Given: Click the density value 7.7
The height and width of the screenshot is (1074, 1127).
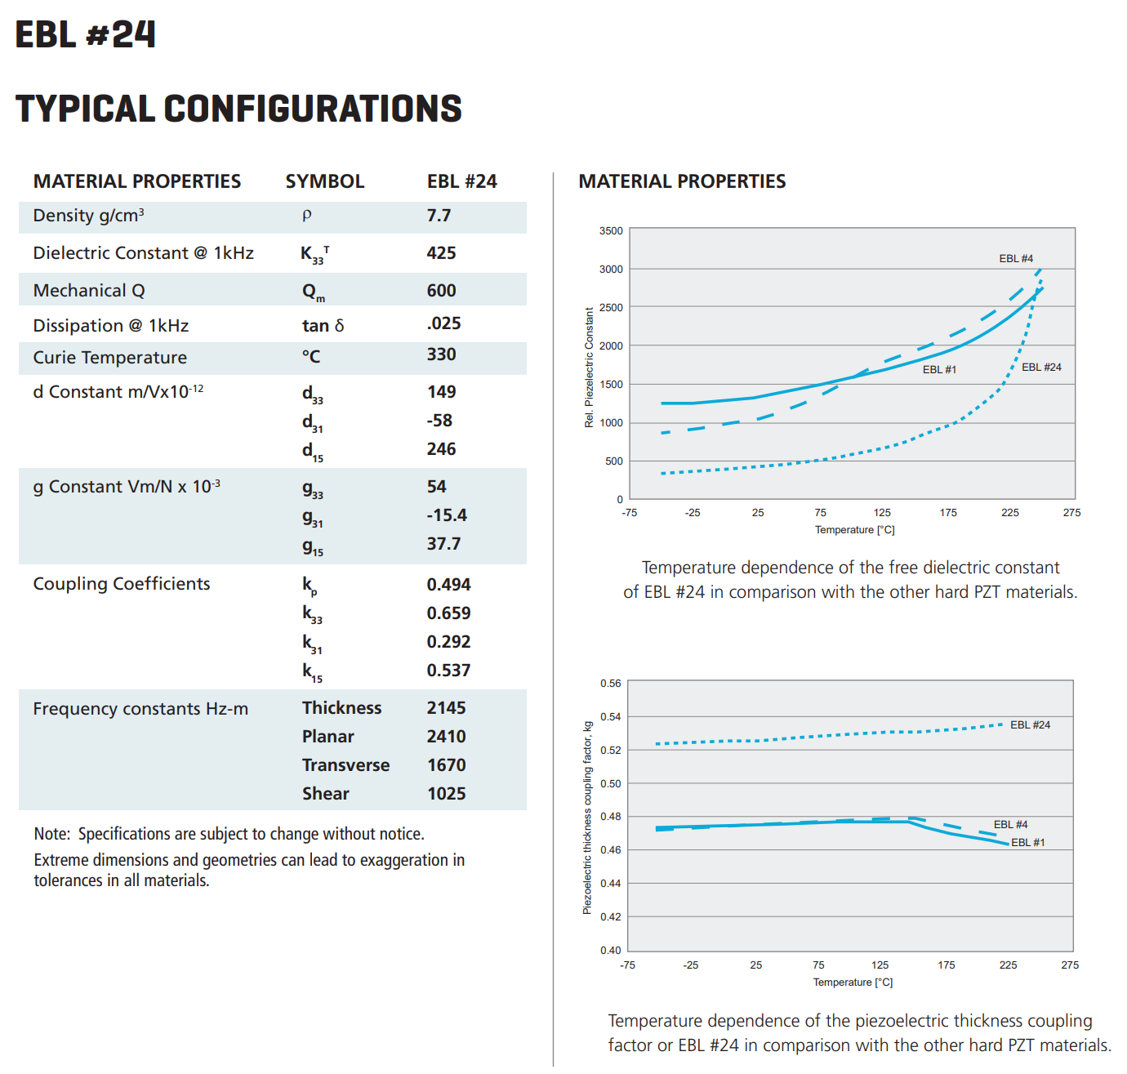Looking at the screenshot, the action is point(439,216).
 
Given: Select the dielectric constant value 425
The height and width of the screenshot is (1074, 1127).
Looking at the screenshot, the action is point(441,253).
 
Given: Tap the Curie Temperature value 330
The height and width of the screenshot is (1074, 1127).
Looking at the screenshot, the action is point(441,354).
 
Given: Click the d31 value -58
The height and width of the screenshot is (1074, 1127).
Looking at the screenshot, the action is point(439,421).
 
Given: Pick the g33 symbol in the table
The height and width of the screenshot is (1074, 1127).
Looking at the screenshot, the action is point(313,489).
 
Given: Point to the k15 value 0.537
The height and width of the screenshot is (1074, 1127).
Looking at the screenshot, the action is point(448,671).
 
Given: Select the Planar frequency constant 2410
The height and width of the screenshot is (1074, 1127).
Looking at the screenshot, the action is point(446,736).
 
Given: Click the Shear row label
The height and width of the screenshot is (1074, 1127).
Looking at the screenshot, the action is point(326,794).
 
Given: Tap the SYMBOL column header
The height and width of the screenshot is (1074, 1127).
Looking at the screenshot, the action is point(325,181).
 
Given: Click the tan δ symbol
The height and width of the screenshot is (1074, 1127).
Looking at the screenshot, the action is point(323,326).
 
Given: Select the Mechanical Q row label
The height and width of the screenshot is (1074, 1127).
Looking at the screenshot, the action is point(89,291).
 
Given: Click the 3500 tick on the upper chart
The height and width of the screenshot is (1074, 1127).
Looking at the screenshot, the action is point(611,230).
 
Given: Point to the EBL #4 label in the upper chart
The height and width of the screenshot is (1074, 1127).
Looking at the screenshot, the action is point(1016,259).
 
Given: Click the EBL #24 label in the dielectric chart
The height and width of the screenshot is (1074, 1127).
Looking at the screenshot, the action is point(1041,367).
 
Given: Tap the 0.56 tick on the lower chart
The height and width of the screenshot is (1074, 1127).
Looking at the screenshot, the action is point(611,683).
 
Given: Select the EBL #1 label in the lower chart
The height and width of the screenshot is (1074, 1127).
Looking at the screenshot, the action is point(1028,842).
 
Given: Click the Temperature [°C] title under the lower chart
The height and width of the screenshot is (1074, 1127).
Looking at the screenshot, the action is point(853,983).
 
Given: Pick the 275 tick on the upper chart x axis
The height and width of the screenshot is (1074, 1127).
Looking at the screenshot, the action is point(1071,513).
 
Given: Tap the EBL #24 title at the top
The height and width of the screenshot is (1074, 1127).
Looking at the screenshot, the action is point(86,34).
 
